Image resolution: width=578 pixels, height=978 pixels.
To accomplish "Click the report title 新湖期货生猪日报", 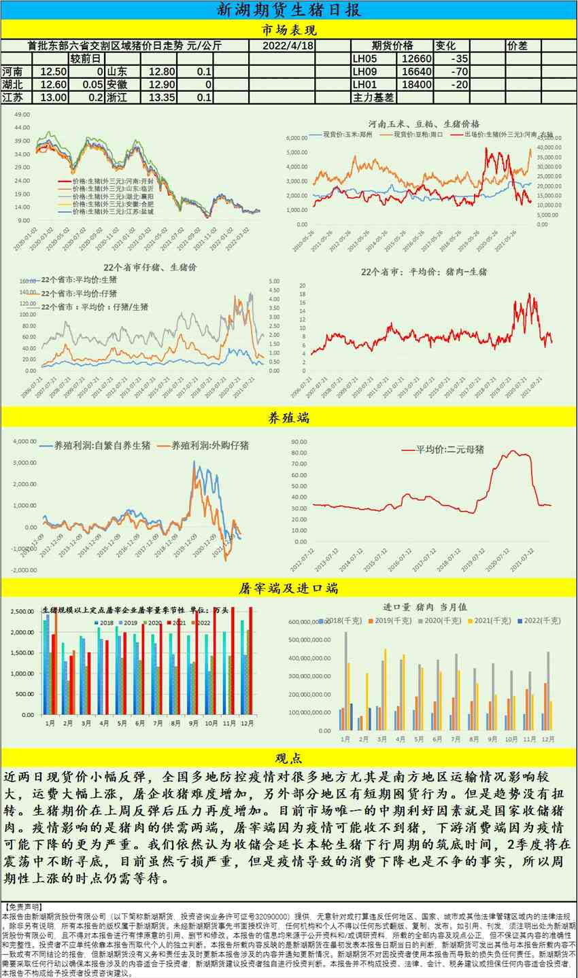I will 288,10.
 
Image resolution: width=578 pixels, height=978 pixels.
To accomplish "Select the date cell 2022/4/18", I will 288,46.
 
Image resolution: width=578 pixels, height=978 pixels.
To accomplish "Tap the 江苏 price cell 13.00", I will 54,97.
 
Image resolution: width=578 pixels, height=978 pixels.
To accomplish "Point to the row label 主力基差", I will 373,97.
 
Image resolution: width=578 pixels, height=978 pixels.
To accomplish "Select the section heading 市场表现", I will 288,30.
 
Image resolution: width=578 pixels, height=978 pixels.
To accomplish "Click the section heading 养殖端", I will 288,417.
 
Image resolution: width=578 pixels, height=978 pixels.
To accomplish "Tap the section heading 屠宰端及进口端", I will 288,588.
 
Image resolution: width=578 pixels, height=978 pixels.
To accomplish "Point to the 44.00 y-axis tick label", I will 22,127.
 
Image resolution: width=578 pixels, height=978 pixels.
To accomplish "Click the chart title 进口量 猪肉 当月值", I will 425,607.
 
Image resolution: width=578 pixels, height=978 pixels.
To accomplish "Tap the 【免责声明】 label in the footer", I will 22,907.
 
